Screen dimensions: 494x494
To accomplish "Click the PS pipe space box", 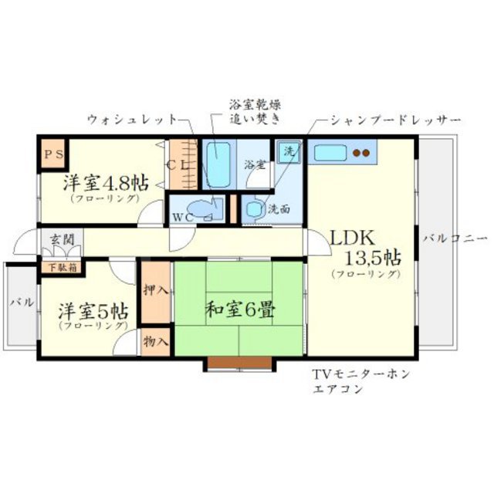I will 54,154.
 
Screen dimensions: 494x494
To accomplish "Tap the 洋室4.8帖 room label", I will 106,183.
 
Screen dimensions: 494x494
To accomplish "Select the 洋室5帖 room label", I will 92,313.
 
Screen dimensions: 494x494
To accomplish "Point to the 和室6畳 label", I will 239,310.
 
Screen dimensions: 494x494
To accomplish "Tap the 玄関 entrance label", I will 62,240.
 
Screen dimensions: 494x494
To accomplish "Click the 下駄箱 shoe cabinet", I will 63,269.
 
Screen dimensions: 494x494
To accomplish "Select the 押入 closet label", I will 155,291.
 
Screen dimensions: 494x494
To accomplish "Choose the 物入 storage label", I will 155,340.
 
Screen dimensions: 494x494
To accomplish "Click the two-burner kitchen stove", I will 361,153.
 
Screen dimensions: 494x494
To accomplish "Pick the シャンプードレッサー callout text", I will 394,120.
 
